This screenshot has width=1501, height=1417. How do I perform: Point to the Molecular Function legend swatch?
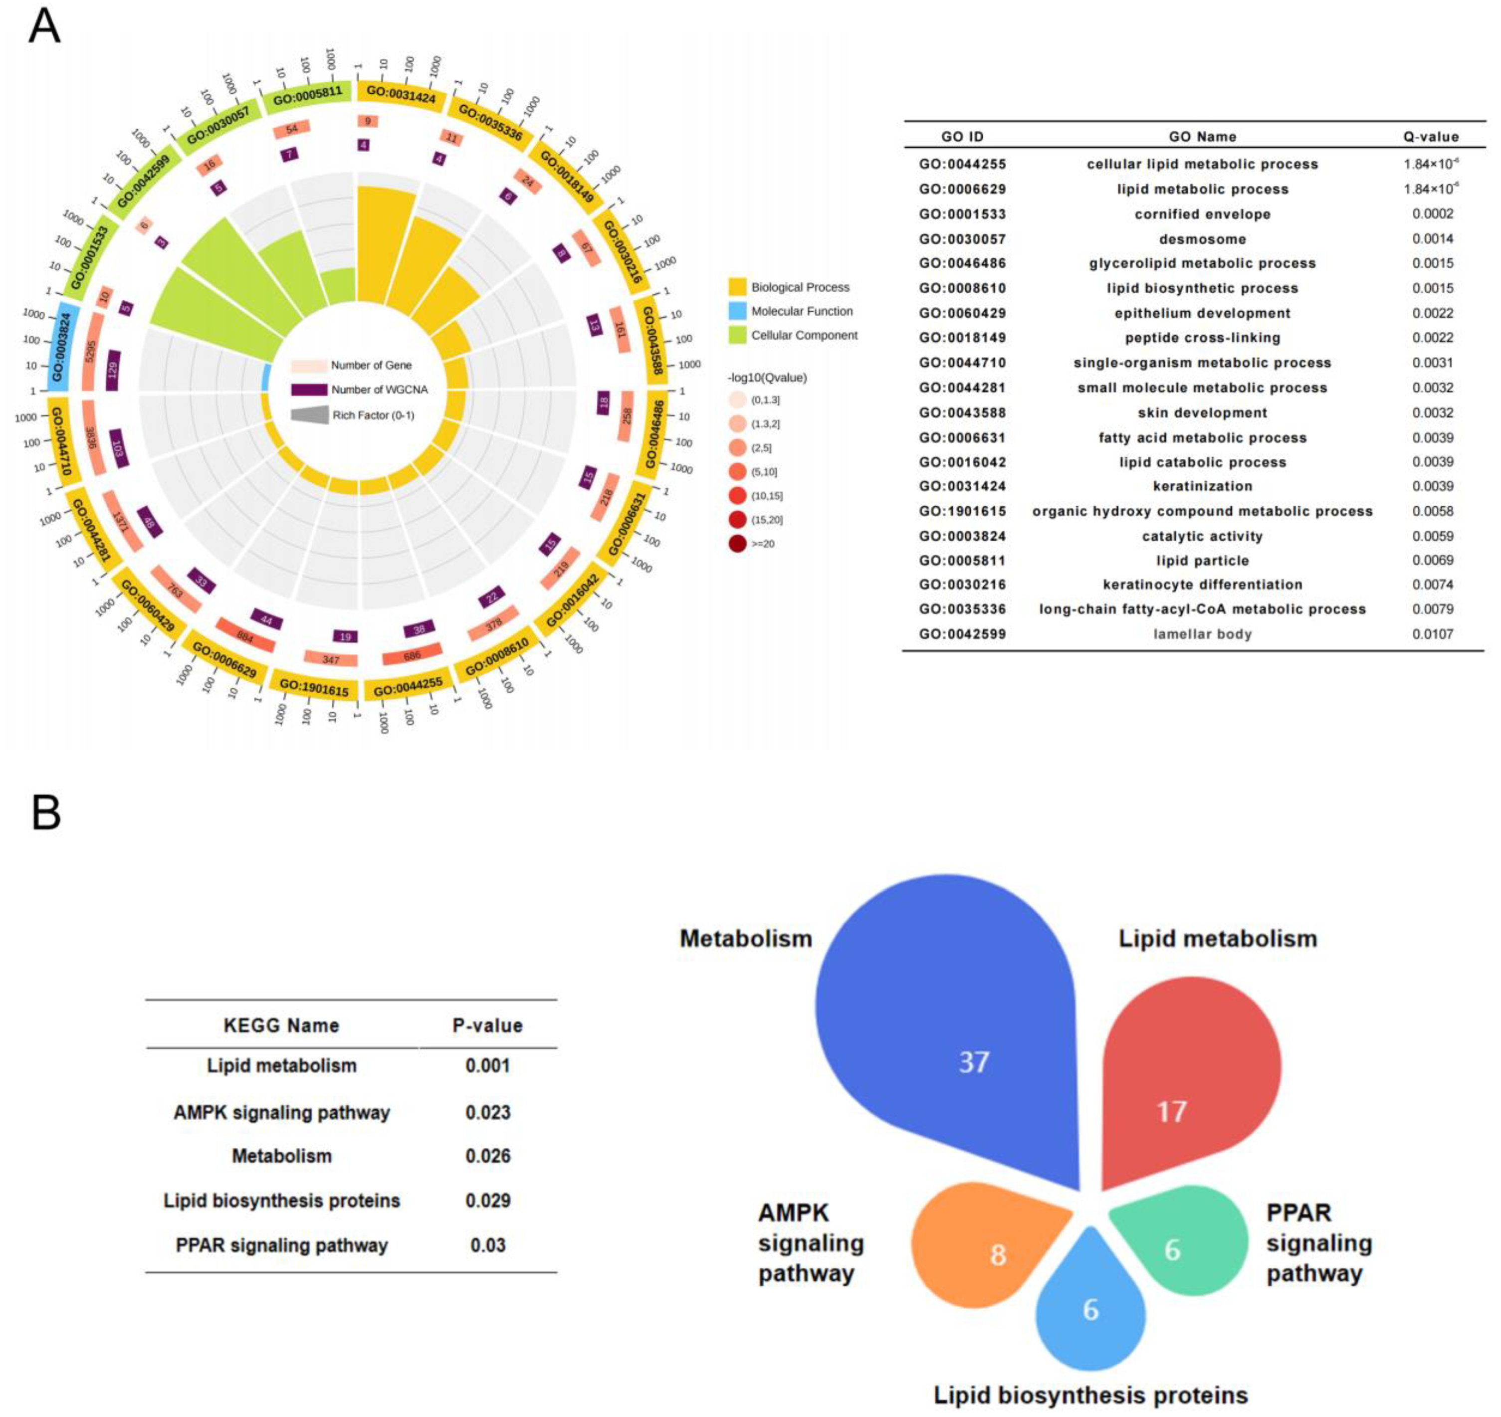(x=737, y=311)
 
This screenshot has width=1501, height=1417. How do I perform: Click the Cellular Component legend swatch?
(x=737, y=335)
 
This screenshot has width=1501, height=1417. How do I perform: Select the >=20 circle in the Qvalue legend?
(x=737, y=544)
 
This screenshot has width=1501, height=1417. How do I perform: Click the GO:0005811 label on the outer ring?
(x=307, y=97)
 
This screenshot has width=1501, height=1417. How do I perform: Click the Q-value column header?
(x=1431, y=137)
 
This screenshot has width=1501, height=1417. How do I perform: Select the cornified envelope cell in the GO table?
(x=1202, y=214)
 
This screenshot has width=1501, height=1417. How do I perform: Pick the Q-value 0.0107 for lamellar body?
(x=1432, y=634)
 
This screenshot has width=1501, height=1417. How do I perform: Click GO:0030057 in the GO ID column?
(x=962, y=239)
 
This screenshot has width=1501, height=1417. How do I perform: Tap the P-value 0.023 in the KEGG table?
(x=488, y=1113)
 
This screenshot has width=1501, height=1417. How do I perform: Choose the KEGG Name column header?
(x=281, y=1026)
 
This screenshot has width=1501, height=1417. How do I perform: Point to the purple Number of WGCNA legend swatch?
(x=308, y=390)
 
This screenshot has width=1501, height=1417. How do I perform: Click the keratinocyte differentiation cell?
(x=1202, y=585)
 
